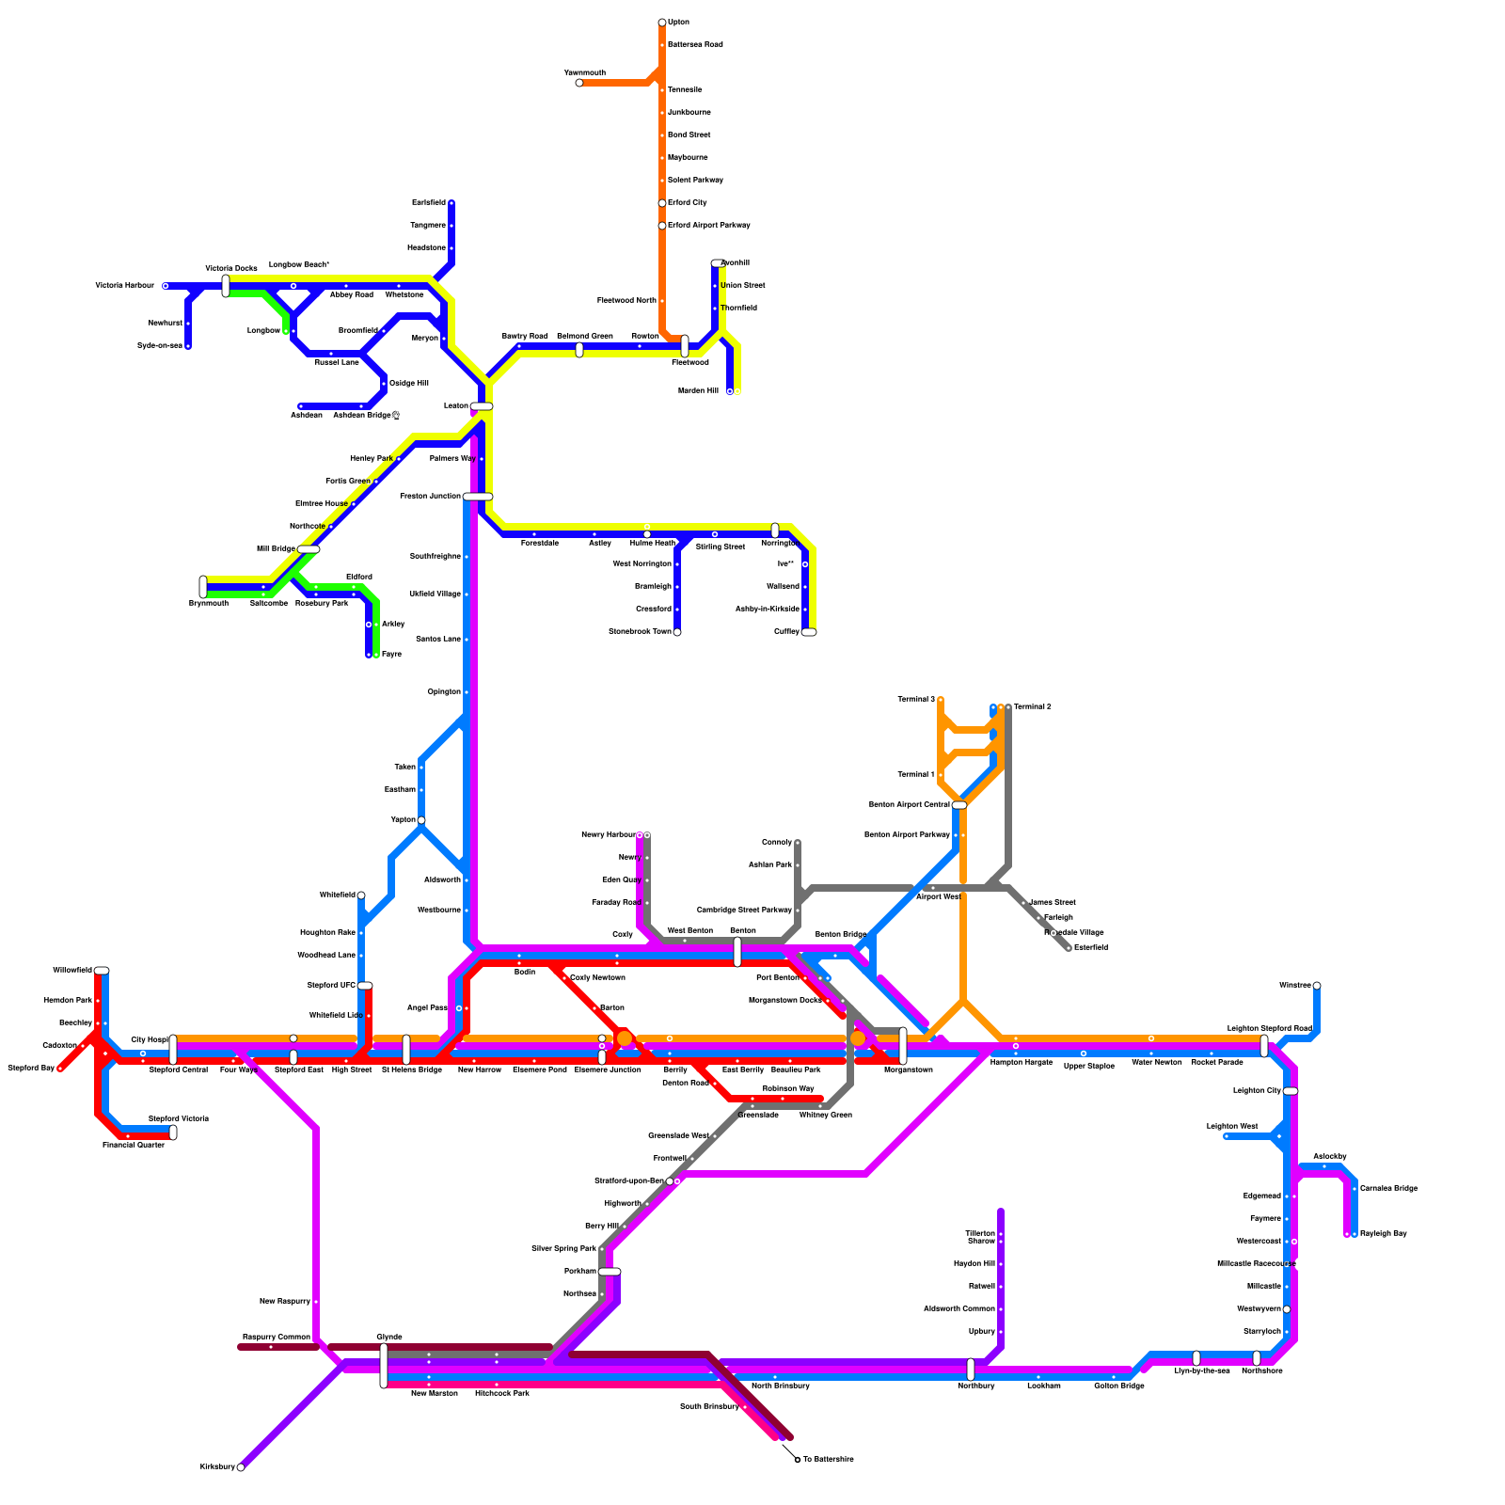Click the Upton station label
(x=678, y=22)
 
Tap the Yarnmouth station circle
(x=579, y=83)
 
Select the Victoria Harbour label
(x=124, y=285)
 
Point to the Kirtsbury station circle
(x=241, y=1467)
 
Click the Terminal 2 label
(x=1032, y=706)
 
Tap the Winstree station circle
(x=1317, y=986)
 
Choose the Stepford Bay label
(x=31, y=1068)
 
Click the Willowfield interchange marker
(x=102, y=970)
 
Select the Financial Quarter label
(x=134, y=1145)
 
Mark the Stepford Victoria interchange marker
(x=173, y=1133)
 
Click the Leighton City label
(x=1257, y=1090)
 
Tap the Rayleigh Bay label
(x=1383, y=1233)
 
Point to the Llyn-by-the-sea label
(x=1201, y=1370)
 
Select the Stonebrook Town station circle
(x=677, y=632)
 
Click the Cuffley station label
(x=786, y=631)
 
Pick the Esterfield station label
(x=1090, y=947)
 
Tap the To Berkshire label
(x=828, y=1459)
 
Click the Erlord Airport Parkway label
(x=708, y=225)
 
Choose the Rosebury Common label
(x=276, y=1337)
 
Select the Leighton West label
(x=1232, y=1126)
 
